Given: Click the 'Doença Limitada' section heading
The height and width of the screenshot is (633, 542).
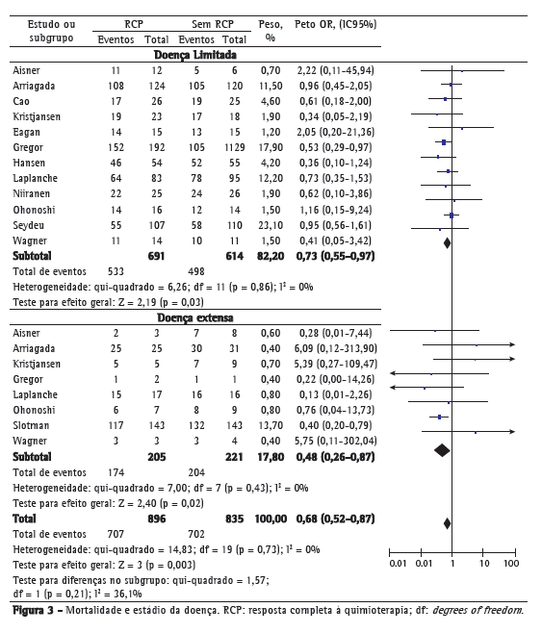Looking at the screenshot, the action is [195, 55].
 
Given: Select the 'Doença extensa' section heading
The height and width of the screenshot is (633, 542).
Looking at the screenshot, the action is [195, 317].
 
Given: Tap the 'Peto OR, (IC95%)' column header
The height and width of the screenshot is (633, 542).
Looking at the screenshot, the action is [335, 25].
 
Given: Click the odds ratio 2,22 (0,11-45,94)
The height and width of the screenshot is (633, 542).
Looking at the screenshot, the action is [335, 70].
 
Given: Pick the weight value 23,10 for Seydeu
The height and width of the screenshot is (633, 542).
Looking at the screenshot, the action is [271, 225].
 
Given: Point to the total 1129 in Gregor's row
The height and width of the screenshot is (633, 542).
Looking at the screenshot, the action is [234, 147].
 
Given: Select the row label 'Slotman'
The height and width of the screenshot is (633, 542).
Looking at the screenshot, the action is [31, 425].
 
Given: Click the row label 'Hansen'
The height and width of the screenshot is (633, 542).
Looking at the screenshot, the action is [29, 164].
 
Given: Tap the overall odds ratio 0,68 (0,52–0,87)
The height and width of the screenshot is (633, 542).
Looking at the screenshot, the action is [335, 519].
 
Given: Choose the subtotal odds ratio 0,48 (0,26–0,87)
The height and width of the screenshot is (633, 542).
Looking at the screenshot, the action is [335, 457].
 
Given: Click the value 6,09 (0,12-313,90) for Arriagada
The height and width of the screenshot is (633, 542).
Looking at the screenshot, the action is [335, 349].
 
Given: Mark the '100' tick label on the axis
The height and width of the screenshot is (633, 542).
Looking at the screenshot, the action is [511, 563].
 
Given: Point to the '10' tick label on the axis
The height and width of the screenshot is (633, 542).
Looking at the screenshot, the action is [484, 563].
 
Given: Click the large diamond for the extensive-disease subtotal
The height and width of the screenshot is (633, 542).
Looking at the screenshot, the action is [442, 450].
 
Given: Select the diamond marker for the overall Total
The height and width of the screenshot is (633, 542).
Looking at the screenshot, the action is [447, 523].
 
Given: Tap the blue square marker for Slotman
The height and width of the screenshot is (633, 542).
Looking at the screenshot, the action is [439, 417].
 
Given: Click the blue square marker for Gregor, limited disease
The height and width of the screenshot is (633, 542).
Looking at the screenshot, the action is [444, 142].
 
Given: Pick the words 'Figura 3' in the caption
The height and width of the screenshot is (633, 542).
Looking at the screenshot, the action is [33, 610].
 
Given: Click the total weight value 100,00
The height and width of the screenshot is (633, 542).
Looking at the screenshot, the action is [271, 519].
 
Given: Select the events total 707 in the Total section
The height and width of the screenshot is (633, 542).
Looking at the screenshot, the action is [116, 534].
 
